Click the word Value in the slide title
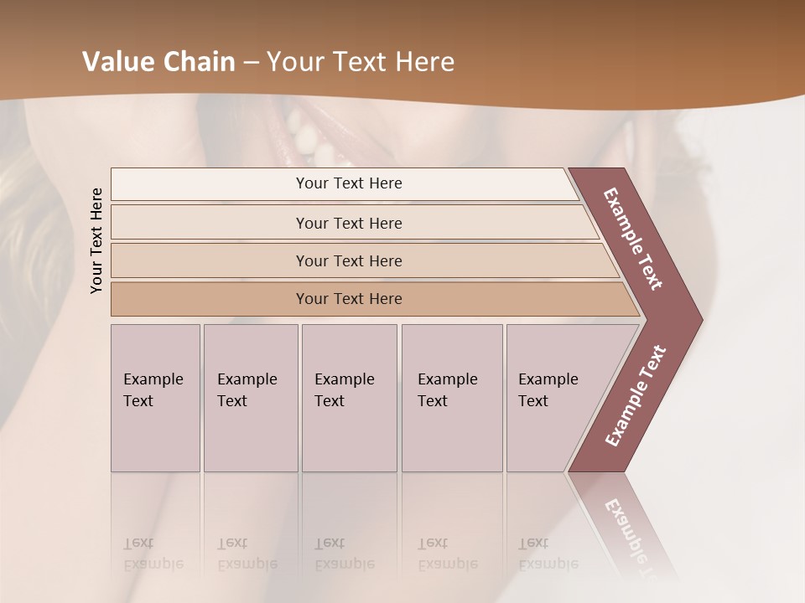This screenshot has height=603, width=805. coord(117,62)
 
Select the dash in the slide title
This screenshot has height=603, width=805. coord(251,63)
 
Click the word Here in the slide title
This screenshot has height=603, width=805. coord(425,62)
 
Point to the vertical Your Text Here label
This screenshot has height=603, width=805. coord(96,240)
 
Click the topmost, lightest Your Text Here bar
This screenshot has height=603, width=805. coord(348,183)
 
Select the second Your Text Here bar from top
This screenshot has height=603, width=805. coord(348,223)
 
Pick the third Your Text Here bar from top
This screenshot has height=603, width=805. coord(348,260)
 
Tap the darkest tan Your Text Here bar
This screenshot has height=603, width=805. coord(348,299)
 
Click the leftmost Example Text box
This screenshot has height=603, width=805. coord(155,398)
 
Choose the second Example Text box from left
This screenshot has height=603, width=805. coord(250,398)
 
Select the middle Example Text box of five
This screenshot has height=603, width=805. coord(349,398)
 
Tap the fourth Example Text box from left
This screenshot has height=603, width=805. coord(451,398)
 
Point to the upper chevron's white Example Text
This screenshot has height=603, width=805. coord(633,240)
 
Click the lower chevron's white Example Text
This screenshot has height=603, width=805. coord(636,396)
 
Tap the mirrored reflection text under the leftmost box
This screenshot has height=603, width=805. coord(153,554)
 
